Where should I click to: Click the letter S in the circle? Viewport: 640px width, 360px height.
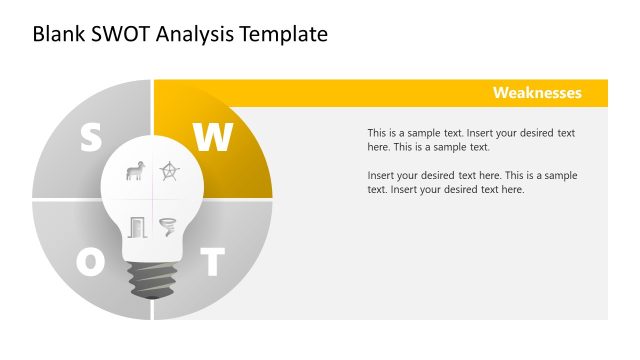[90, 138]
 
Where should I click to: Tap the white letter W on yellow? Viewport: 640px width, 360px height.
[212, 138]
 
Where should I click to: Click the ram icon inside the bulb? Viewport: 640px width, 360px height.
[134, 172]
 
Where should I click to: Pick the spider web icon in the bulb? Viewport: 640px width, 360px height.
[169, 172]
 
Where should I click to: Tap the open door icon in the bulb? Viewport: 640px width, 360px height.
[136, 227]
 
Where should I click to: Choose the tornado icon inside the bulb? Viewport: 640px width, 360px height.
[167, 227]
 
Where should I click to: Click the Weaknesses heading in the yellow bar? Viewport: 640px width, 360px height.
[537, 93]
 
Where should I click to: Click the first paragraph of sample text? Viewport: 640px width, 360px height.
[471, 140]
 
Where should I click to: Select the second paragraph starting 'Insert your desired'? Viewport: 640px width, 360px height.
[471, 182]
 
